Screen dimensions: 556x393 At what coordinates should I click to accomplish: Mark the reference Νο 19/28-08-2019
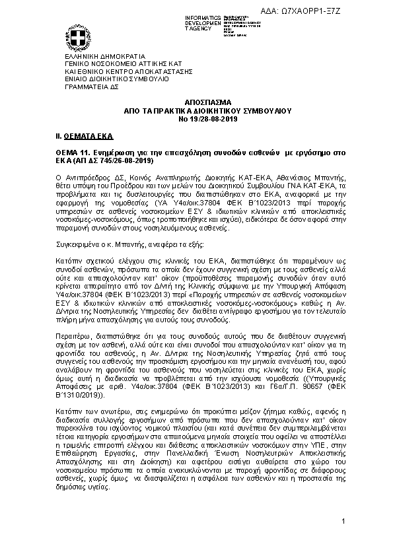tap(197, 119)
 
